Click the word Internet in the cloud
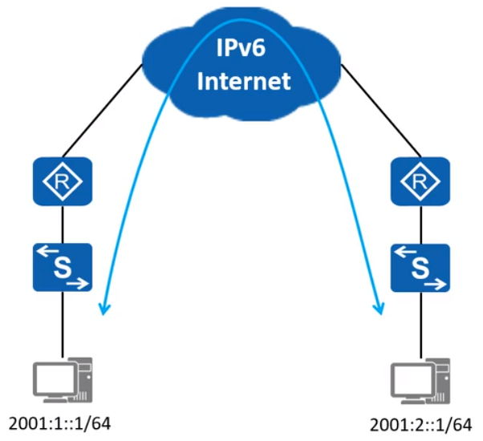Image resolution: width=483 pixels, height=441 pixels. (242, 81)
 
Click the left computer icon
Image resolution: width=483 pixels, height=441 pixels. (60, 381)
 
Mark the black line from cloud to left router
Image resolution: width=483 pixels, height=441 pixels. (104, 112)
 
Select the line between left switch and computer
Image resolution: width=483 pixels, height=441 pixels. (63, 325)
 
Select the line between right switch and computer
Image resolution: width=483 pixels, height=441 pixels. (417, 325)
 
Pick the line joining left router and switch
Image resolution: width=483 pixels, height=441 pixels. (63, 225)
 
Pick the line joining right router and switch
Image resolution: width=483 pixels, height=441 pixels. (417, 225)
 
